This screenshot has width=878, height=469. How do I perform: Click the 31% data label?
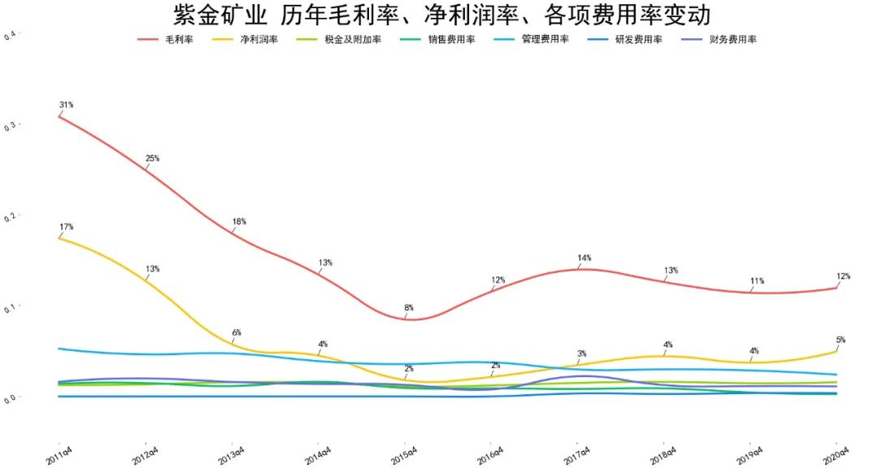(x=67, y=105)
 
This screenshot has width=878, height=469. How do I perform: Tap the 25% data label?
(x=153, y=159)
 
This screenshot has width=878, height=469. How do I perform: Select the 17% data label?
(x=67, y=227)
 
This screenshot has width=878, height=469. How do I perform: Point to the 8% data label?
(x=409, y=308)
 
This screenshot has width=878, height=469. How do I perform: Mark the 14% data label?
(x=584, y=258)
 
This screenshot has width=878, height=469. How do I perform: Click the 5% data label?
(x=841, y=340)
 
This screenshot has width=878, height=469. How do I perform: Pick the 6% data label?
(x=237, y=332)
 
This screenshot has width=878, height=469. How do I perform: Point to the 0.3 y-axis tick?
(x=10, y=127)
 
